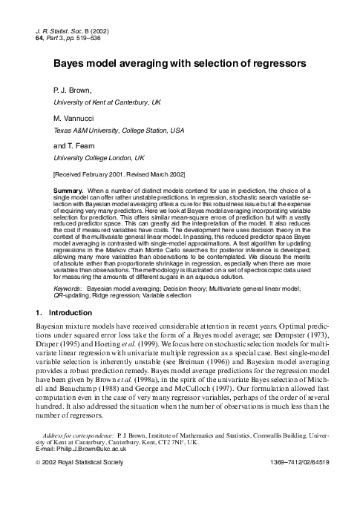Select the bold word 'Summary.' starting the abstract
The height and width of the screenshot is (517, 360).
[68, 191]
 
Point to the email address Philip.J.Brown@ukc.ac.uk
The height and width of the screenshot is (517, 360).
[89, 470]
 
